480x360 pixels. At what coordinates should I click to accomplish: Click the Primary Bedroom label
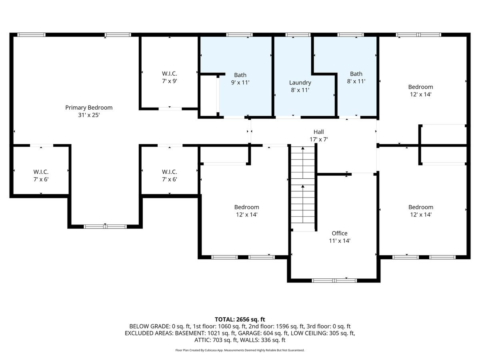coord(89,108)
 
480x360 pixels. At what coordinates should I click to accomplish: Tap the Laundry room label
coord(300,83)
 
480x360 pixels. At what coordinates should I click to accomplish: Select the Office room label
coord(340,233)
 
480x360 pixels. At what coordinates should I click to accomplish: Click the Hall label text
coord(318,132)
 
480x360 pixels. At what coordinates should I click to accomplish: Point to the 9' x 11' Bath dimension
coord(240,83)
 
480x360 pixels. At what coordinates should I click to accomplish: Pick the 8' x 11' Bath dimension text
coord(356,81)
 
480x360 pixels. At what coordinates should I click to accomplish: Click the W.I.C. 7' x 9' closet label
coord(169,77)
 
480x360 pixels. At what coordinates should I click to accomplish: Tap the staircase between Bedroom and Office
coord(303,188)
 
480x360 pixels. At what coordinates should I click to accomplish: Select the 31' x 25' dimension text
coord(89,115)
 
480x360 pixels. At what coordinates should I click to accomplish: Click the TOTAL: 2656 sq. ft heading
coord(240,319)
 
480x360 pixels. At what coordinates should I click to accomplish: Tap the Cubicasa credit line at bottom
coord(240,350)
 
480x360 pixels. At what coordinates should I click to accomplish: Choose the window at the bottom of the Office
coord(334,280)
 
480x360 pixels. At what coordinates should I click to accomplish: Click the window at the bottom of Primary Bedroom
coord(105,226)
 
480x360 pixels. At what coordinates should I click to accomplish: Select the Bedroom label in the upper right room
coord(420,87)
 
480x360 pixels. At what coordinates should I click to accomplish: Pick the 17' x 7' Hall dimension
coord(318,140)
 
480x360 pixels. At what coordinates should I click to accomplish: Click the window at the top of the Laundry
coord(298,35)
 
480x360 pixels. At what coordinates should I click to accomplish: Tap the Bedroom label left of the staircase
coord(246,207)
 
